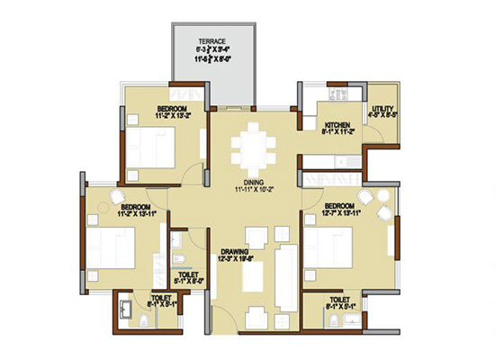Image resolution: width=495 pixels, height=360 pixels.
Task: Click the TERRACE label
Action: pos(213,41)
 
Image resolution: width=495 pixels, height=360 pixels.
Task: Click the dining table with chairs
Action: pos(252,148)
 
